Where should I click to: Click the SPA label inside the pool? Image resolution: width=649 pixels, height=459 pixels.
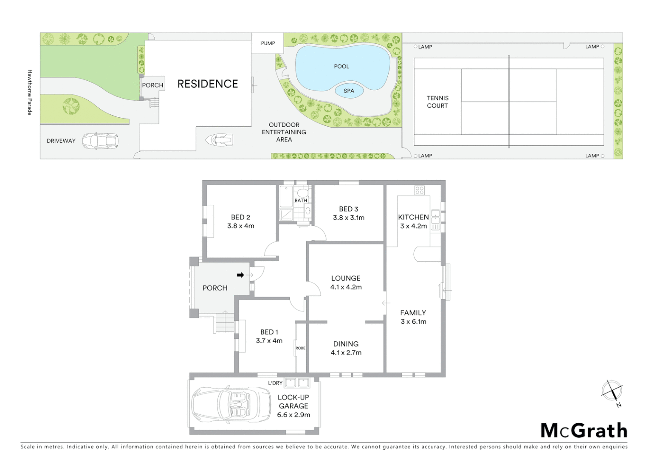349,91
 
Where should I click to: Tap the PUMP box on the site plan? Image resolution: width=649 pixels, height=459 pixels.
268,43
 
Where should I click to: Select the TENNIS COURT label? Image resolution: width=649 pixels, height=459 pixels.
437,102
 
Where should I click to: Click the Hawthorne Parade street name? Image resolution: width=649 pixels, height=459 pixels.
30,92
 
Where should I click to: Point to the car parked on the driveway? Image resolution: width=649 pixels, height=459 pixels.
100,141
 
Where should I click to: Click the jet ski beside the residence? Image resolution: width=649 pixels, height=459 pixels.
220,139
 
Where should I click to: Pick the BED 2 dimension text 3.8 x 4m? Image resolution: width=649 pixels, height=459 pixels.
240,226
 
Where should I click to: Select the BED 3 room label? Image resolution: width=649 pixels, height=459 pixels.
348,209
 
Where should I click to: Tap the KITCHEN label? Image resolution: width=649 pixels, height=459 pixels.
413,217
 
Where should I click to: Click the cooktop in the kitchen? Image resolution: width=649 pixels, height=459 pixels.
419,190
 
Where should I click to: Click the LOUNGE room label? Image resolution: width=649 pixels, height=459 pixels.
346,278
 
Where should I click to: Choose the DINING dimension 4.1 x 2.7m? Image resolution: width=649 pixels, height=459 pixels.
346,353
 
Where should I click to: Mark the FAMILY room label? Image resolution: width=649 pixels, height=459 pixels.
413,313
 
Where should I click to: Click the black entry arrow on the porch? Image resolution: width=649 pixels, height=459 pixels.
240,275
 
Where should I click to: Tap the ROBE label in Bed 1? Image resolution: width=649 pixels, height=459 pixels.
300,348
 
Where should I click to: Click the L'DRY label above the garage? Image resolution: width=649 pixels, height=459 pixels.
275,383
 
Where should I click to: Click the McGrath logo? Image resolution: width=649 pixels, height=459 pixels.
584,431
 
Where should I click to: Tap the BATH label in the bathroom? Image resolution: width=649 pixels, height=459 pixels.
301,201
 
